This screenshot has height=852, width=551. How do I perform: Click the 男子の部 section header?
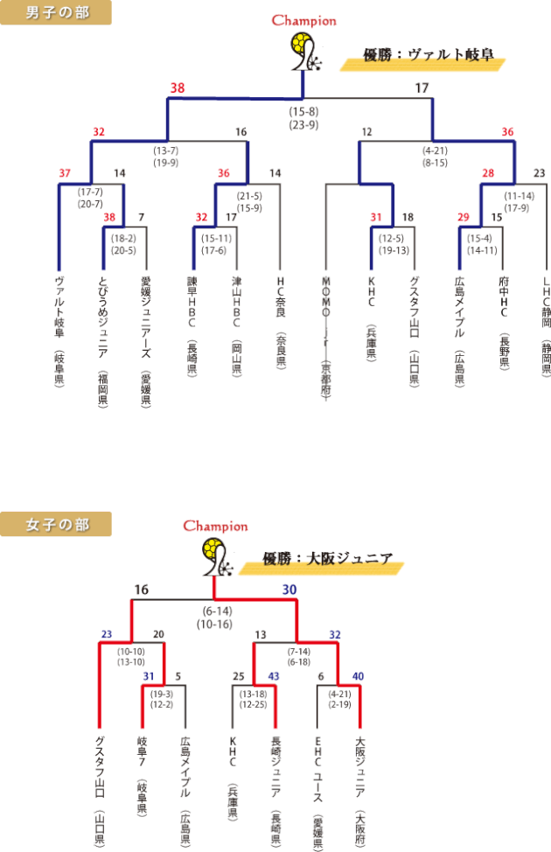56,12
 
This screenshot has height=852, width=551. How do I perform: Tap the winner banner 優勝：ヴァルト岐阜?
429,55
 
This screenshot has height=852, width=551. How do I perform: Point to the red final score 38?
178,87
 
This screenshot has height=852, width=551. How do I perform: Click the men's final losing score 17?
422,87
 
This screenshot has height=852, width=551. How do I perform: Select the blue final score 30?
289,590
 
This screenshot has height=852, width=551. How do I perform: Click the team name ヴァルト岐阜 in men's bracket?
59,306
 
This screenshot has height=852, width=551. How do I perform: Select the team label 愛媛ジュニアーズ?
146,315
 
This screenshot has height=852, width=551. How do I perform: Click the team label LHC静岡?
546,306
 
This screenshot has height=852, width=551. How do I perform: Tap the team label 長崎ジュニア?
275,765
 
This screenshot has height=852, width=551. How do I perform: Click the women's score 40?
358,676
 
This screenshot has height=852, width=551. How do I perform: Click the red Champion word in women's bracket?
214,527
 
